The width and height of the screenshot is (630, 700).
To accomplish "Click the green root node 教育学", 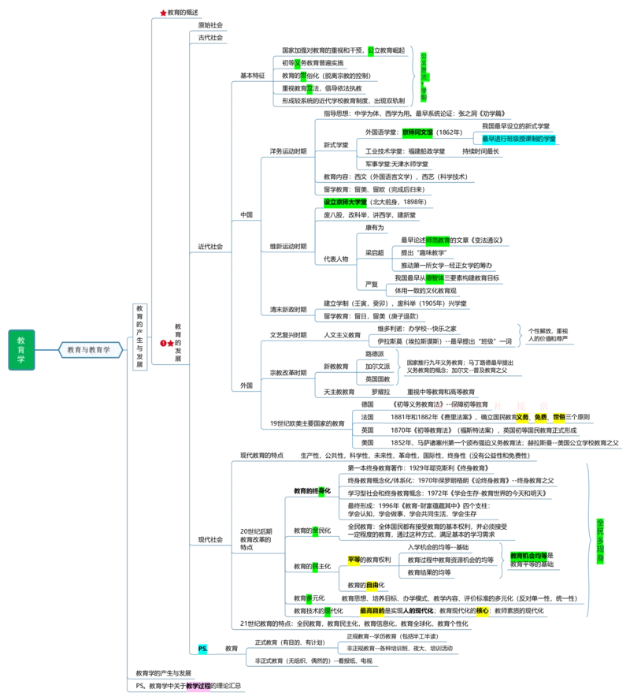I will [x=21, y=349].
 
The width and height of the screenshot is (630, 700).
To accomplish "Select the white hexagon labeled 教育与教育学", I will [x=91, y=349].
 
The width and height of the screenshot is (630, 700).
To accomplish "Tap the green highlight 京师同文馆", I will [x=417, y=133].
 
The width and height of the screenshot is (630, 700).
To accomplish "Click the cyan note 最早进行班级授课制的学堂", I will [x=519, y=139].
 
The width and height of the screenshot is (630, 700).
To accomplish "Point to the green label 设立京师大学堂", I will [x=345, y=202].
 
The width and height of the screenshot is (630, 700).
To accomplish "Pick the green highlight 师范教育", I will [x=437, y=240].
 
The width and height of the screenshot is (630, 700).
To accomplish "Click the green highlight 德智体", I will [x=435, y=278].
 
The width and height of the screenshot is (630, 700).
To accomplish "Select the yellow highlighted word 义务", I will [x=522, y=417].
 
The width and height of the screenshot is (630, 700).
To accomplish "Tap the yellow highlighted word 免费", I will [x=540, y=417].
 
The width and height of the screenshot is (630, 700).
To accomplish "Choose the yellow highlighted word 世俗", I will [x=558, y=417].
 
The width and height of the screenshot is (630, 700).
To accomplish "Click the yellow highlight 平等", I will [x=354, y=560].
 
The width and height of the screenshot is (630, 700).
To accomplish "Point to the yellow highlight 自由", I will [x=372, y=586].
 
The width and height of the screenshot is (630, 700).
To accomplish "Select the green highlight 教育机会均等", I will [x=528, y=556].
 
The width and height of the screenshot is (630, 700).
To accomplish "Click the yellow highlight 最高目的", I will [x=372, y=611].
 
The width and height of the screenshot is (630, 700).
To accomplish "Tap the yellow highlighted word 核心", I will [x=483, y=611].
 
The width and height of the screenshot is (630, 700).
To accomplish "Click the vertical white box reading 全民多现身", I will [x=601, y=538].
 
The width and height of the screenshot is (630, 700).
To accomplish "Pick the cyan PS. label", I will [x=202, y=649].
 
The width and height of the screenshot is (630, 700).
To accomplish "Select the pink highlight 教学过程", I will [x=198, y=687].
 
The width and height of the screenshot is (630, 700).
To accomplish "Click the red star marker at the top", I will [x=163, y=13].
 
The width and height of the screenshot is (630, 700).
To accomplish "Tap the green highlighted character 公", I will [x=370, y=50].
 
